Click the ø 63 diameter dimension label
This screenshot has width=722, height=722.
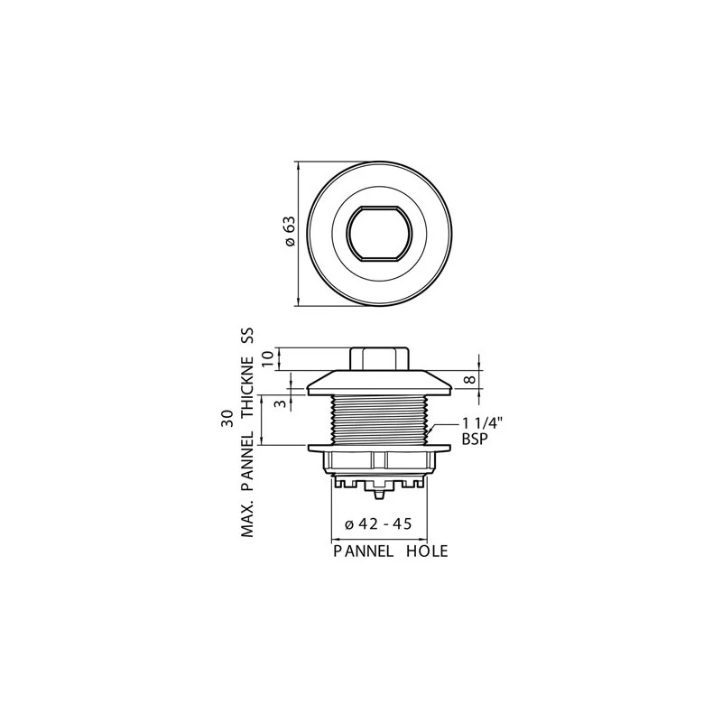pyautogui.click(x=290, y=231)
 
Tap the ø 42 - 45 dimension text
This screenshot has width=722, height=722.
pyautogui.click(x=378, y=523)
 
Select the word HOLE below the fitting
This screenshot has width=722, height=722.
pyautogui.click(x=427, y=551)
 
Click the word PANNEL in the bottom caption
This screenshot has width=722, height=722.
pyautogui.click(x=364, y=551)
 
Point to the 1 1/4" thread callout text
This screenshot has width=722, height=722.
pyautogui.click(x=482, y=422)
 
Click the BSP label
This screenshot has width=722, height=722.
pyautogui.click(x=475, y=439)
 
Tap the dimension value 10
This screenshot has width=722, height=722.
pyautogui.click(x=268, y=358)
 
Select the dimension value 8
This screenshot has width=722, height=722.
pyautogui.click(x=468, y=379)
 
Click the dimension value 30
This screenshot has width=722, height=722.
pyautogui.click(x=227, y=418)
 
